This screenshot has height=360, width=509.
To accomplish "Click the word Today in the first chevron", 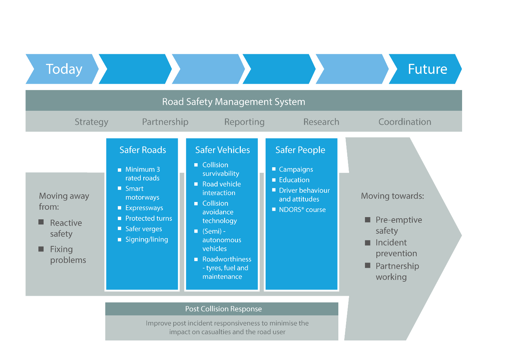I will (x=64, y=69).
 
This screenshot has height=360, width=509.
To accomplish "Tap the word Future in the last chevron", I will (x=427, y=69).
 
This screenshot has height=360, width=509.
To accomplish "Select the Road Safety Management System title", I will (x=233, y=102).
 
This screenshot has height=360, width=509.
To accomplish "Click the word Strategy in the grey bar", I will (x=91, y=122).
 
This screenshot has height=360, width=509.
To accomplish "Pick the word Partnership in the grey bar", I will (x=165, y=122).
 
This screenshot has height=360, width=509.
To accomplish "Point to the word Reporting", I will (x=244, y=122).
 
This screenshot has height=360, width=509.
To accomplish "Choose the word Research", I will (x=321, y=122).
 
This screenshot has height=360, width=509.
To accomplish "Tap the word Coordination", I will (x=404, y=122).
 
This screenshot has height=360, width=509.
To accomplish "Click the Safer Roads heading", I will (x=143, y=150).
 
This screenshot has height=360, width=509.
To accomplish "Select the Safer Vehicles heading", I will (x=222, y=150).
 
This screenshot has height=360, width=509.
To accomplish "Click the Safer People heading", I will (x=300, y=150).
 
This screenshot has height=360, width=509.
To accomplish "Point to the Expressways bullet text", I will (x=144, y=208).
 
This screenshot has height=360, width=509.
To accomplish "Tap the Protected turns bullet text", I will (x=148, y=218).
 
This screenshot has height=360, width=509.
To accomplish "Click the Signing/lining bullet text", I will (x=147, y=239).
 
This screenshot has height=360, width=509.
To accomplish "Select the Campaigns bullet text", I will (x=296, y=169).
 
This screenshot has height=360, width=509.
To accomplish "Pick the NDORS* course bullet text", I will (x=302, y=210).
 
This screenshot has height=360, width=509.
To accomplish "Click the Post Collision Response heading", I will (x=223, y=309).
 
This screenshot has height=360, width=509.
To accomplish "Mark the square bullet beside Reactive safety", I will (x=41, y=222).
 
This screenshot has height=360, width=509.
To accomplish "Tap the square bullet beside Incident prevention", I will (x=368, y=243).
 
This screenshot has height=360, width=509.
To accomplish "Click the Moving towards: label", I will (x=392, y=196).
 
